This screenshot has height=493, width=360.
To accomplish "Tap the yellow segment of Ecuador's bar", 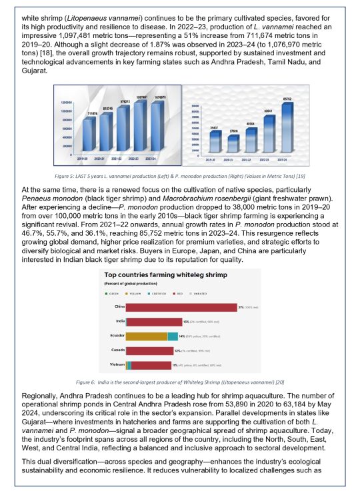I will click(x=146, y=336).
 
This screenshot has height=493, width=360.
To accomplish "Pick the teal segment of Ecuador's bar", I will click(x=173, y=336).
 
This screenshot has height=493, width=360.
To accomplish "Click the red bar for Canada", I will click(x=149, y=350).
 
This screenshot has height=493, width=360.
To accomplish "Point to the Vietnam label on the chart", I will click(x=115, y=365).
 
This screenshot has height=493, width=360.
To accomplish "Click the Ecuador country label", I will click(x=114, y=336).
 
